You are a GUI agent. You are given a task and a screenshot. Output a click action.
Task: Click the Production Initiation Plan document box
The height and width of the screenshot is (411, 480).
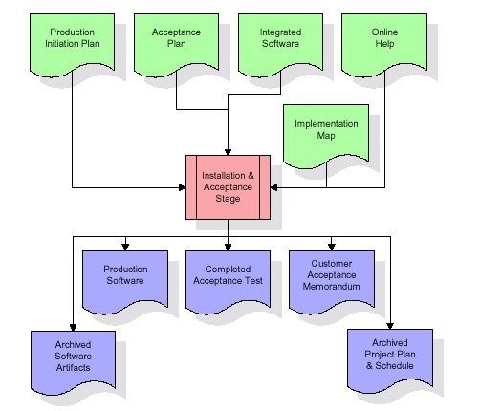(x=72, y=45)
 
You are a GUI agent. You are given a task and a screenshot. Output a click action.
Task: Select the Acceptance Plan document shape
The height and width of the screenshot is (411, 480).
(x=176, y=45)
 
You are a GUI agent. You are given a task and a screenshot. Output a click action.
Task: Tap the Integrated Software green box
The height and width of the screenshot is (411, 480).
(x=280, y=45)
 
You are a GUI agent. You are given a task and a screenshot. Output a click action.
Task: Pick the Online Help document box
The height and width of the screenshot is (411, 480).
(x=384, y=45)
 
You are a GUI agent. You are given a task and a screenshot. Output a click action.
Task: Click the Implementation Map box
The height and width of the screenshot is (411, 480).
(x=326, y=136)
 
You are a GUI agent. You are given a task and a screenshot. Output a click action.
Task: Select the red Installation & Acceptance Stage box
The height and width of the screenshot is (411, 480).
(x=228, y=187)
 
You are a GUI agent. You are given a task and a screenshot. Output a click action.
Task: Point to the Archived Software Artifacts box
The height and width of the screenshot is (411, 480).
(x=73, y=362)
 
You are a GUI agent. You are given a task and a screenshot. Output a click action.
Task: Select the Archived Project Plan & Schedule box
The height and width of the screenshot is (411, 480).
(x=390, y=360)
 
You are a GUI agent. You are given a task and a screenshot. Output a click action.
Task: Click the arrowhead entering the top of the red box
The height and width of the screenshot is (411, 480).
(x=228, y=152)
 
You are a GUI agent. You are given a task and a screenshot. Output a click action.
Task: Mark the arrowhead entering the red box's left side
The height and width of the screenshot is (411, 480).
(x=183, y=187)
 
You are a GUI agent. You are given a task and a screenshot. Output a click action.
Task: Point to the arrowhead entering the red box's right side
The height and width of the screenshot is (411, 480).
(x=273, y=187)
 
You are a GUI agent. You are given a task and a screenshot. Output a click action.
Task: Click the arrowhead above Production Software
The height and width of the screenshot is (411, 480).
(x=125, y=248)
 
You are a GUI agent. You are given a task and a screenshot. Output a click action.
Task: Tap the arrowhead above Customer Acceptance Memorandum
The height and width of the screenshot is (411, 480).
(x=332, y=248)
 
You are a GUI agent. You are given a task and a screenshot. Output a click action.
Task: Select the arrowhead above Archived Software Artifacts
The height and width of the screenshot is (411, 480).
(x=73, y=328)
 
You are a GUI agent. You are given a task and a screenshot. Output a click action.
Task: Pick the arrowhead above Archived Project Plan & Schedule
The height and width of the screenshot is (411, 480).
(x=390, y=326)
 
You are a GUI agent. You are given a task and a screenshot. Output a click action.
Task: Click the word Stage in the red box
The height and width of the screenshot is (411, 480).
(x=228, y=199)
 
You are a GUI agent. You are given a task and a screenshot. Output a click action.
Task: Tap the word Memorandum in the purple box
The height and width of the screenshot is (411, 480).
(x=332, y=287)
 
